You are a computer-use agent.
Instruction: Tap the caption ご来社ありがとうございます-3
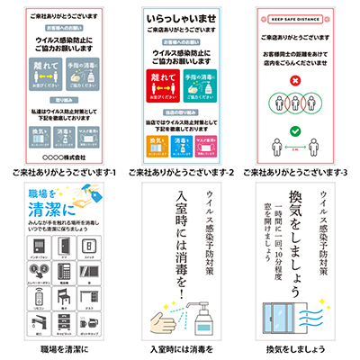(x=298, y=171)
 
